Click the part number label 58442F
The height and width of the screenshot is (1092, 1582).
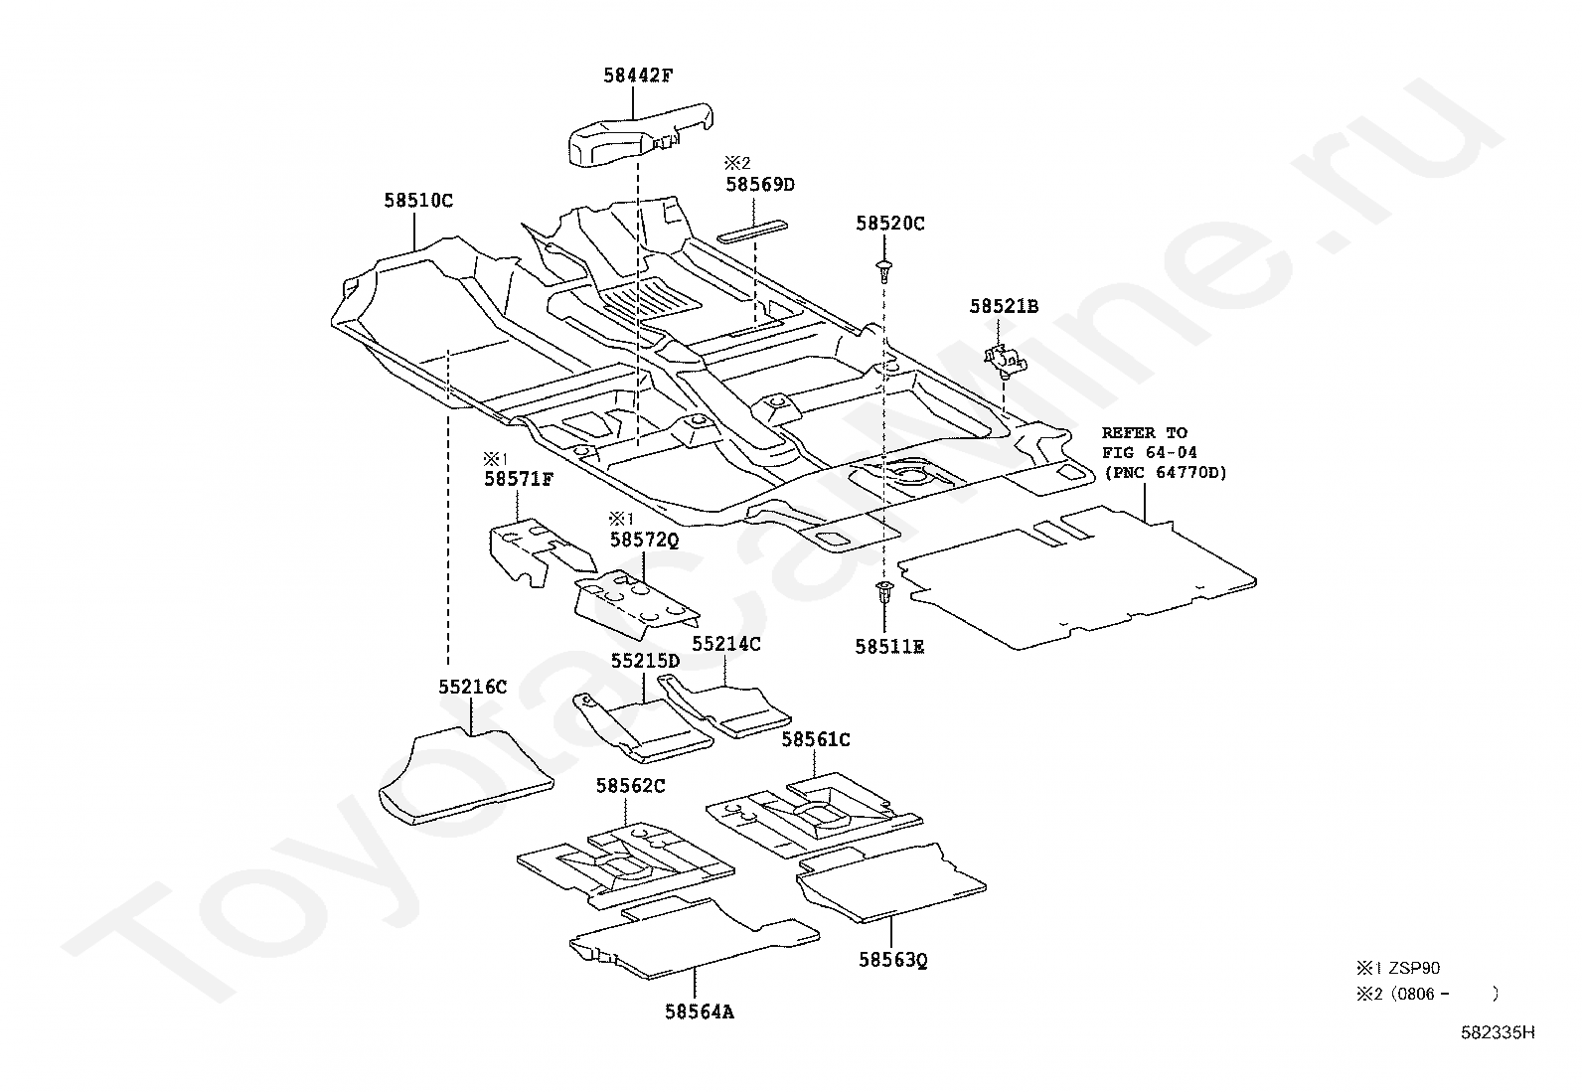click(638, 75)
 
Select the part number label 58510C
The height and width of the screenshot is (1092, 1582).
click(418, 201)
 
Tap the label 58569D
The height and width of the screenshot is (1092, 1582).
click(760, 185)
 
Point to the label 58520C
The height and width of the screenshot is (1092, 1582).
click(890, 224)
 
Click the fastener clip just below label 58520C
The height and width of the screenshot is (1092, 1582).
click(883, 268)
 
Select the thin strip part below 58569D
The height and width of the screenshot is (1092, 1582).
click(752, 231)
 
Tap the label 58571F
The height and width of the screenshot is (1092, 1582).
click(519, 480)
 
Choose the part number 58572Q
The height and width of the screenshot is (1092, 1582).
click(644, 540)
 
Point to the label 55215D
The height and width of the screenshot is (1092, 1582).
click(645, 661)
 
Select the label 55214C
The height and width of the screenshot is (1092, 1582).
click(726, 644)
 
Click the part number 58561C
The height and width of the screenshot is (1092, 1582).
click(816, 739)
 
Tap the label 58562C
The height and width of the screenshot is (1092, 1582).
click(630, 786)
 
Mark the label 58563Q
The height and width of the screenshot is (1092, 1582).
click(892, 960)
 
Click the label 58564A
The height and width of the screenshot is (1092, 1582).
click(700, 1013)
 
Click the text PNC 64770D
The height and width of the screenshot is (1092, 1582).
click(1166, 473)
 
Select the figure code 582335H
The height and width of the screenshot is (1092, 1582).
click(1498, 1032)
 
